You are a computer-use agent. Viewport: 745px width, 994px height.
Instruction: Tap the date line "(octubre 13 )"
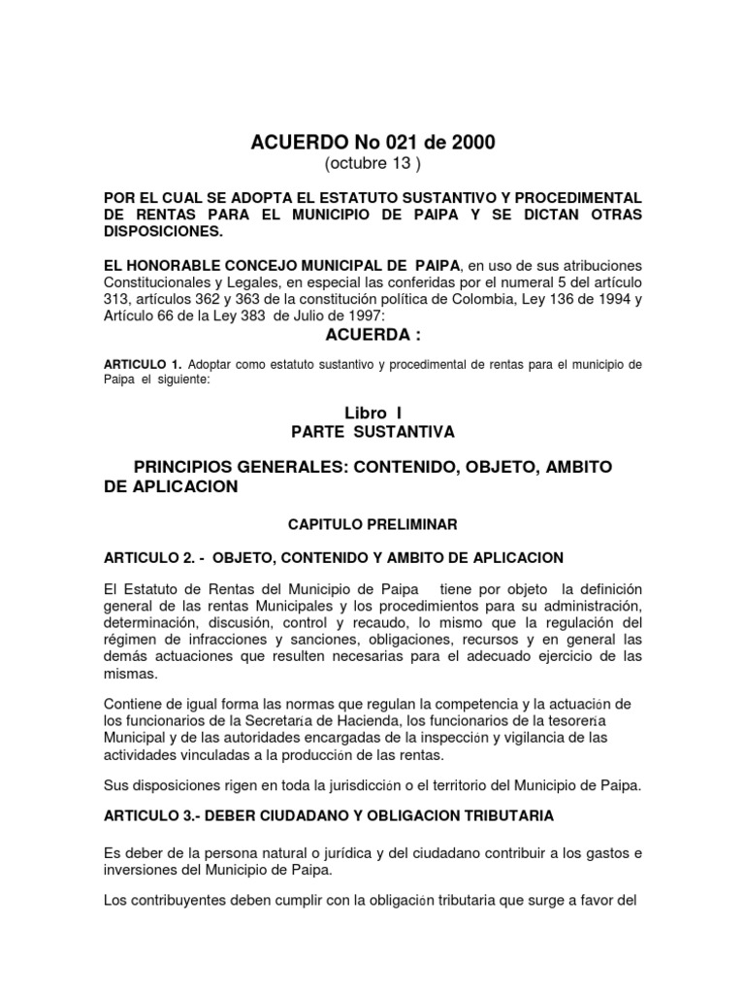[372, 162]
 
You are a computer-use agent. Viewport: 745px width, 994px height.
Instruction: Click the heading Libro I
[372, 413]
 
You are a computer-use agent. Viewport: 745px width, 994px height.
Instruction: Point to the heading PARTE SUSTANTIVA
[372, 431]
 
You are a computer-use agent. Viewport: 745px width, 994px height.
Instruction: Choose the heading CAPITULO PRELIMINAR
[372, 523]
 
